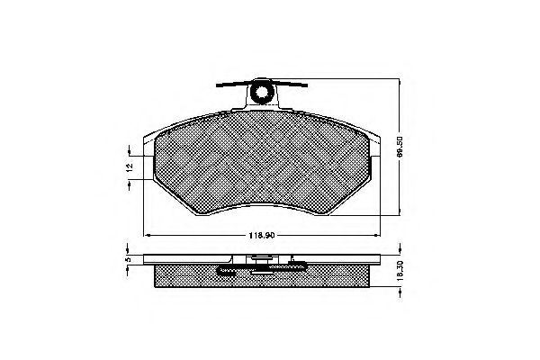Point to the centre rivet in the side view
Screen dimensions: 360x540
click(263, 262)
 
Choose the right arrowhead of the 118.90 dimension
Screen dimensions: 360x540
click(379, 236)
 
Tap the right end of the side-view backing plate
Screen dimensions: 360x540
click(378, 262)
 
